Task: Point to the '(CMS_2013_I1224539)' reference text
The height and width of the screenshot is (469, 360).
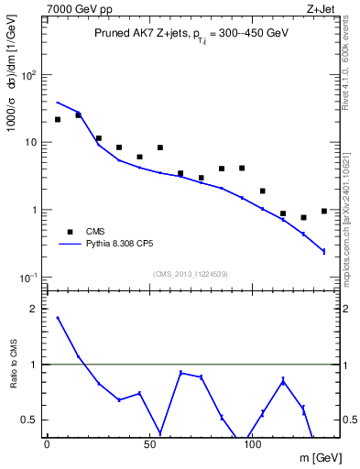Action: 190,274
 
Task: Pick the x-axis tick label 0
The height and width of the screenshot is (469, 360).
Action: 47,444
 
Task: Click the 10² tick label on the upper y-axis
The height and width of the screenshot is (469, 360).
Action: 29,75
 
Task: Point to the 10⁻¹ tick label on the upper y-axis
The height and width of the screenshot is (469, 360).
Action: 29,278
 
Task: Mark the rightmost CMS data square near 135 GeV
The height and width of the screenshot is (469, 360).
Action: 324,211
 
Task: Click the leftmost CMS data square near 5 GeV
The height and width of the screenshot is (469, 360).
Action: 58,119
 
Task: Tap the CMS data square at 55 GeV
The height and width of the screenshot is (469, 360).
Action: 160,147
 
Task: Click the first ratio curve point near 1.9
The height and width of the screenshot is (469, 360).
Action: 58,318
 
